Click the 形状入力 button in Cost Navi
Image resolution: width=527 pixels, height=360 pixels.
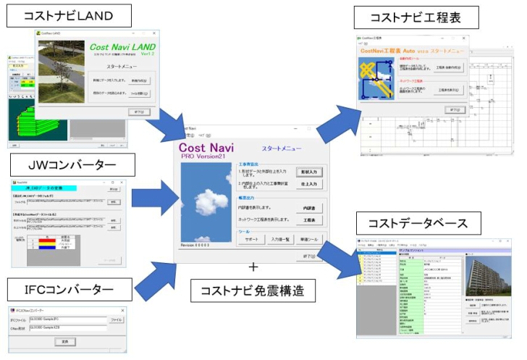pyautogui.click(x=309, y=173)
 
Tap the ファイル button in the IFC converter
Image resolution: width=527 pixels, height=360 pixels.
pyautogui.click(x=116, y=319)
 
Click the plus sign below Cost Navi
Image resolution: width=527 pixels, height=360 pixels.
pyautogui.click(x=253, y=267)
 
